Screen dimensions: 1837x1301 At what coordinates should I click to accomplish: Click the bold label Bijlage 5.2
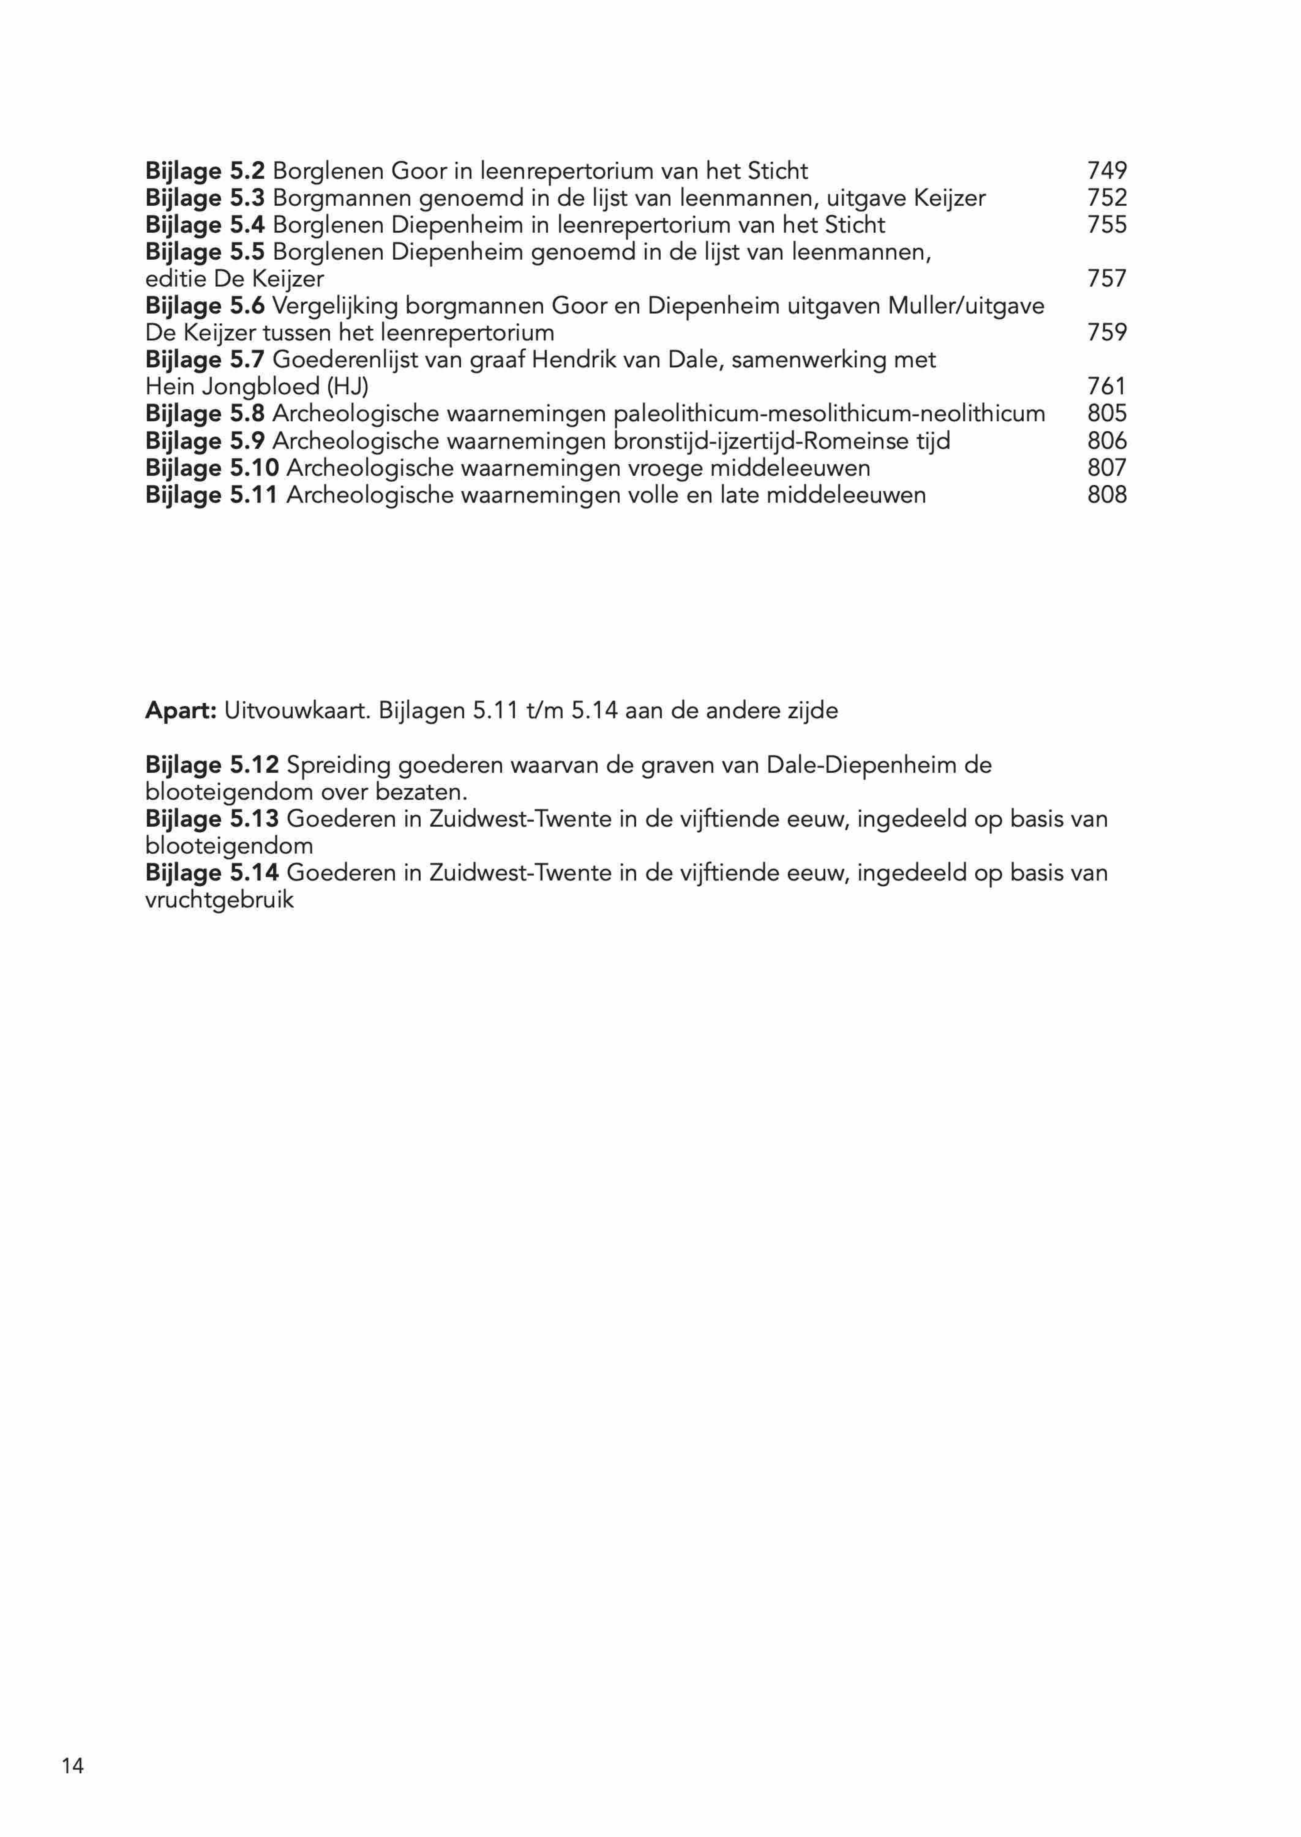(x=205, y=171)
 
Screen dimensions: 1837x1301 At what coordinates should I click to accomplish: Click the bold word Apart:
(x=181, y=711)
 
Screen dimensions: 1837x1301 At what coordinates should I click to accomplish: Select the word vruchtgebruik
(x=219, y=900)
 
